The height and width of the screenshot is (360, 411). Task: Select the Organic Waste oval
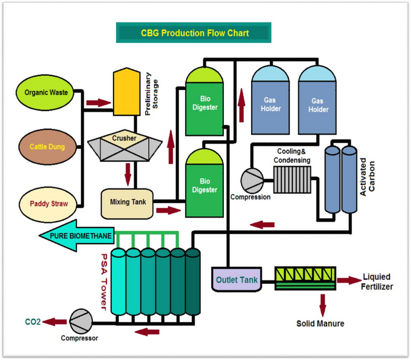[46, 93]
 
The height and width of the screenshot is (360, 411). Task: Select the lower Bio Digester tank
[205, 184]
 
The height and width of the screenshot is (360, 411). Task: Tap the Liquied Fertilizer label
[377, 281]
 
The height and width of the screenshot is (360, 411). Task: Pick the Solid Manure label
[320, 324]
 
